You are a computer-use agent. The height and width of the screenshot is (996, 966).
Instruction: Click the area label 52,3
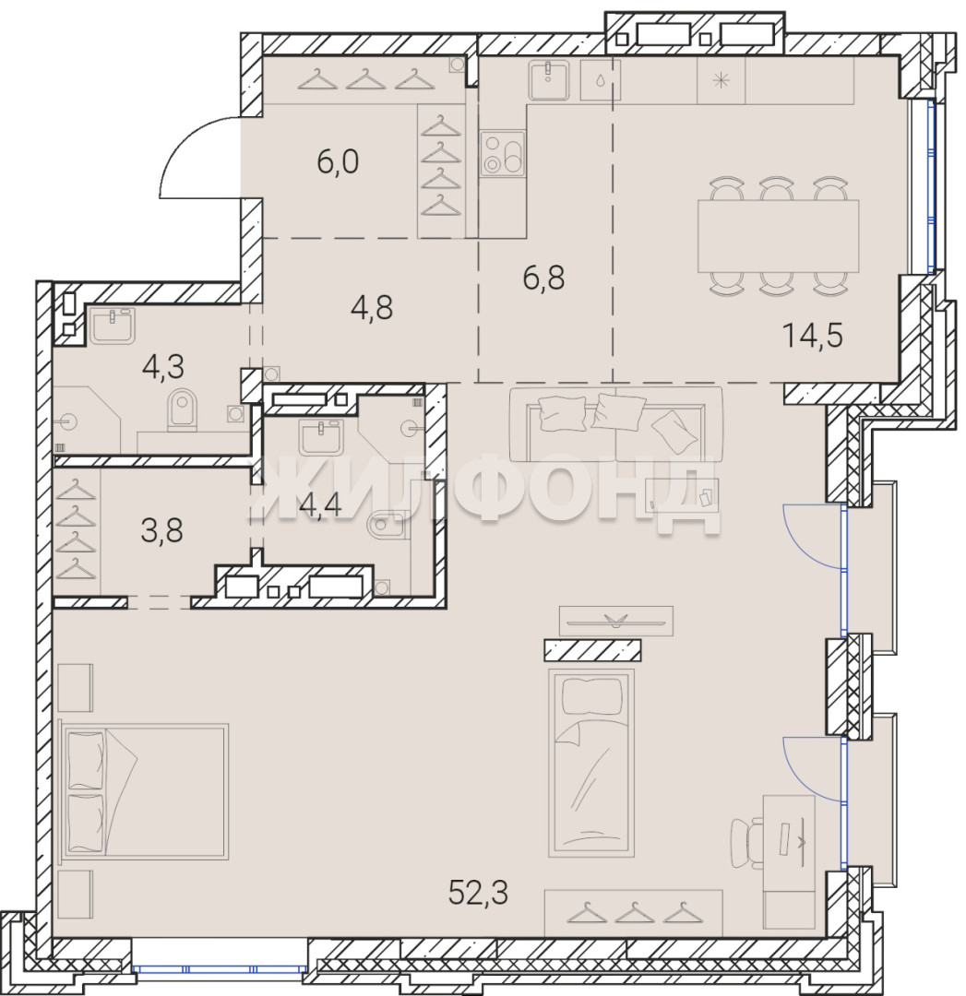tap(478, 893)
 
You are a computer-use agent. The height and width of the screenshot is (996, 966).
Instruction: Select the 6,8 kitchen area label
tap(543, 278)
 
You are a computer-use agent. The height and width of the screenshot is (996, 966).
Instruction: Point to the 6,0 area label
tap(338, 161)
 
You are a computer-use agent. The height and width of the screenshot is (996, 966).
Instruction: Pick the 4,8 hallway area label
tap(371, 307)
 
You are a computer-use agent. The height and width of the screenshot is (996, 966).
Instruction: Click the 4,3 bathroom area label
tap(162, 366)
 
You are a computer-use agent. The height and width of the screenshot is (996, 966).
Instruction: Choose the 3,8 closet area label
tap(161, 529)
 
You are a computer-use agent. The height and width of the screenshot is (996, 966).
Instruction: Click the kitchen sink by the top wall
tap(548, 80)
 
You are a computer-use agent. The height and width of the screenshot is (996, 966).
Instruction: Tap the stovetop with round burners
tap(503, 154)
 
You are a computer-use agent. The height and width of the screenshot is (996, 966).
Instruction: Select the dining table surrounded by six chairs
tap(778, 236)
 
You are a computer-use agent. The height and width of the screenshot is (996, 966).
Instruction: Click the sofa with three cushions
tap(615, 423)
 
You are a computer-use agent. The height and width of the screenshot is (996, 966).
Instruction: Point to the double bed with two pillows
tap(144, 791)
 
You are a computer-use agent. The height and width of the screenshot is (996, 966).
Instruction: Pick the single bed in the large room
tap(590, 763)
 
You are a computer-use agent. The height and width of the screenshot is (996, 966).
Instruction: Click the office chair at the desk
tap(746, 843)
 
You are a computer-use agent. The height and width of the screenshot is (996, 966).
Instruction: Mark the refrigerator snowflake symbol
tap(721, 80)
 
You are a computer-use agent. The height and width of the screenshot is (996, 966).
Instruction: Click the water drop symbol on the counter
tap(601, 80)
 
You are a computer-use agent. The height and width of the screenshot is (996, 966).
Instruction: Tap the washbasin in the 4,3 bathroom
tap(112, 326)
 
